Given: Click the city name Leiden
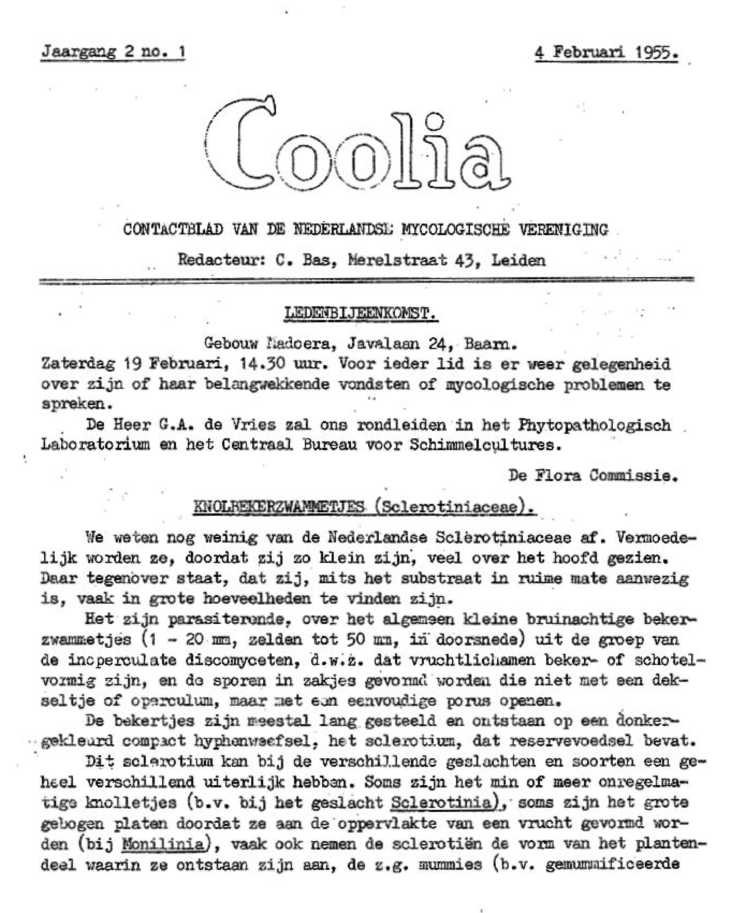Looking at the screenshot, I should coord(519,260).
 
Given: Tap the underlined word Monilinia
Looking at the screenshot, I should coord(162,844).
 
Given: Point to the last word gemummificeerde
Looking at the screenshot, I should coord(612,865).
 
